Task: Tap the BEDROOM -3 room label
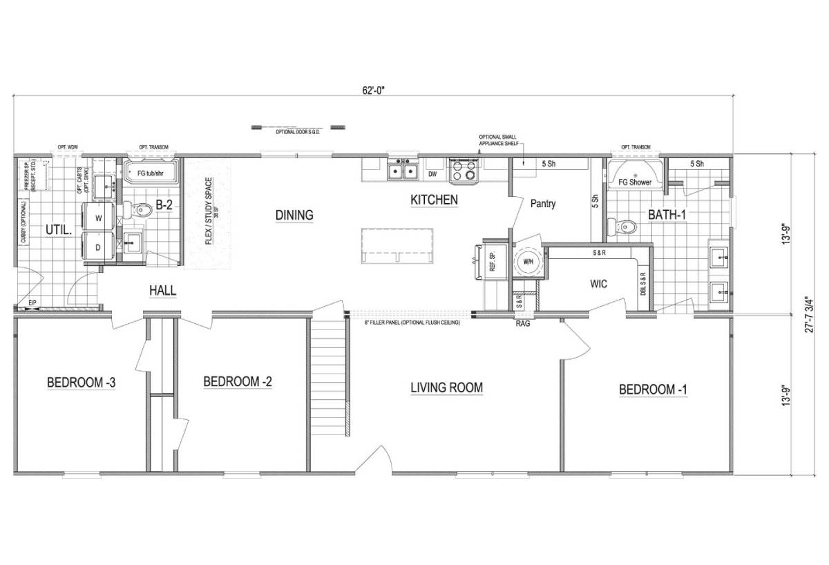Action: (81, 382)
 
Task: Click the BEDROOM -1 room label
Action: (653, 390)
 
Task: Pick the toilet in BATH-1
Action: (627, 225)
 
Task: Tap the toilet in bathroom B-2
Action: (141, 210)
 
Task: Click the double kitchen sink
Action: (402, 170)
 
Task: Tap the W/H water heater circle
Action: (528, 262)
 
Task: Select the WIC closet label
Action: (598, 283)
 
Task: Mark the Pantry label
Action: (544, 204)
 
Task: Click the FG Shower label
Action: (635, 182)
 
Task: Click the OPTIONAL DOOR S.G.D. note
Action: (298, 131)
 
